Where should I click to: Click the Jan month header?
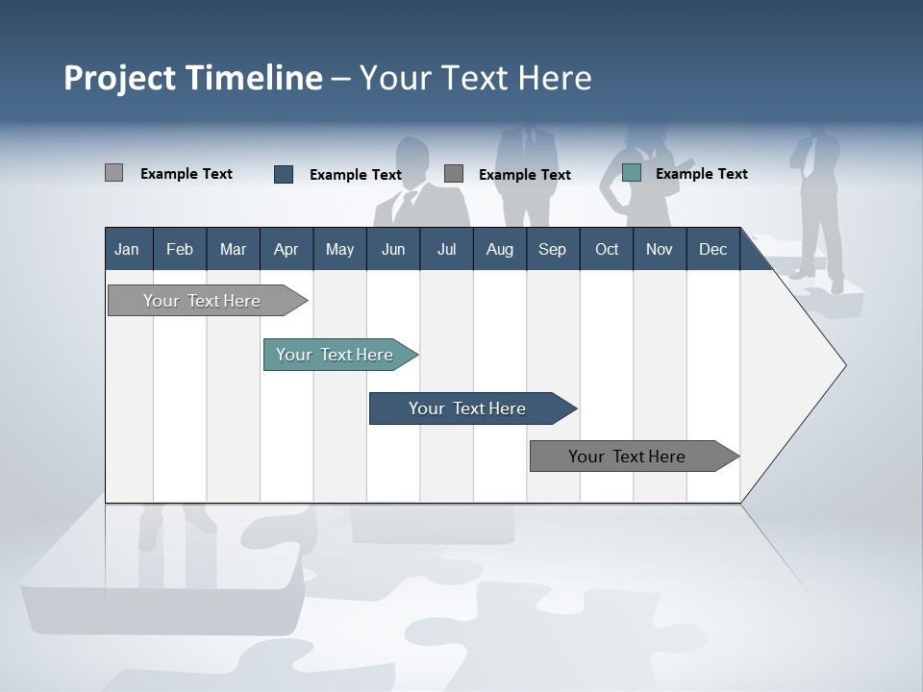tap(127, 249)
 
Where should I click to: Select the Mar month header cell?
tap(233, 249)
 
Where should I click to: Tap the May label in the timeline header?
tap(339, 249)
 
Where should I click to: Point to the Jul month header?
tap(446, 249)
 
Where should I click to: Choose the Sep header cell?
tap(552, 249)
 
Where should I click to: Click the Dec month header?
tap(712, 249)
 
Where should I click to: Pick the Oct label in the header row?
tap(607, 249)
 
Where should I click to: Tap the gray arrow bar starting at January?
tap(203, 301)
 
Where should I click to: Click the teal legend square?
tap(631, 173)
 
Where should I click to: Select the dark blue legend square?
tap(284, 174)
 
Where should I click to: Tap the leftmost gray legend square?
tap(113, 173)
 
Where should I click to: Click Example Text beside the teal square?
tap(701, 174)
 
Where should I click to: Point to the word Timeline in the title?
tap(255, 78)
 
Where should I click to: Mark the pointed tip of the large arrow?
tap(843, 364)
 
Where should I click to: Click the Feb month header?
tap(180, 249)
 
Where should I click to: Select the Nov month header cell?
tap(660, 249)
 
